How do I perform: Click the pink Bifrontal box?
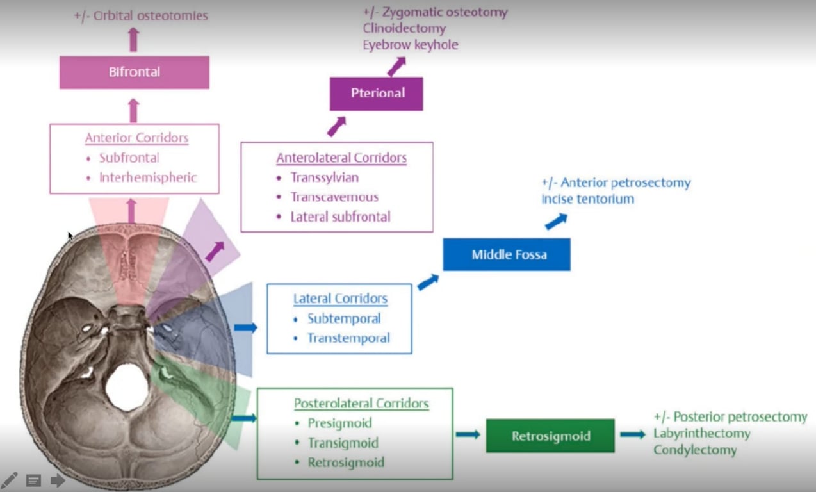pos(135,72)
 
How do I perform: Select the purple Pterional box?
pos(377,94)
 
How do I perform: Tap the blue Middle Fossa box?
pos(507,255)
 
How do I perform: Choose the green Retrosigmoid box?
pos(550,436)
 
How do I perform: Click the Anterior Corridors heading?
pos(137,138)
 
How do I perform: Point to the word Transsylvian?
pos(324,177)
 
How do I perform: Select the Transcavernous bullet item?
pos(334,197)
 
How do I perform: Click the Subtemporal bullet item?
pos(344,318)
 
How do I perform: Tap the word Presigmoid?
pos(339,423)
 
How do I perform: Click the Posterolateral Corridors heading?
pos(361,404)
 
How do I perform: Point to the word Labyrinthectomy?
pos(701,434)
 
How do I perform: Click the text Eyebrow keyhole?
pos(410,45)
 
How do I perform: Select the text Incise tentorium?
pos(587,199)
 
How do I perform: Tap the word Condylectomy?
pos(695,450)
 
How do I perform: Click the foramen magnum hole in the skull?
pos(127,388)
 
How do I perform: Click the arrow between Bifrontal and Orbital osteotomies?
pos(133,40)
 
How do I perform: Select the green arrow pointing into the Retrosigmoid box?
pos(468,434)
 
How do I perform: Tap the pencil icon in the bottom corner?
pos(9,480)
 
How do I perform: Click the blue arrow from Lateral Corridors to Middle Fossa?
pos(428,282)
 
